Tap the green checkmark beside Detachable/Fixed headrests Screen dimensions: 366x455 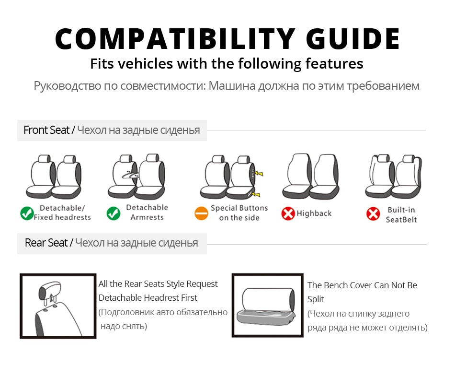point(27,213)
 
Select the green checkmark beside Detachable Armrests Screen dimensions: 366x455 point(114,213)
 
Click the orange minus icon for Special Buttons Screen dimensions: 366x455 point(201,213)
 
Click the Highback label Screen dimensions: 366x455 point(314,213)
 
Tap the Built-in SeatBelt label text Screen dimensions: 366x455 point(401,214)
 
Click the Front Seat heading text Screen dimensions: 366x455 point(46,130)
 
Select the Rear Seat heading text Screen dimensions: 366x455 point(46,243)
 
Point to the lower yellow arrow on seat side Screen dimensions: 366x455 point(256,194)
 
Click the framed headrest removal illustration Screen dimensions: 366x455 point(58,306)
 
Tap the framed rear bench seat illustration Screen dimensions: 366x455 point(267,305)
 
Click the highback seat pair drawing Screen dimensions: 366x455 point(310,176)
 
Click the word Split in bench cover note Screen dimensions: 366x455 point(316,299)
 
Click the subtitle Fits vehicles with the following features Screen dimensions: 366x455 point(227,63)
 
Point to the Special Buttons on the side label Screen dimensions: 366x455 point(239,213)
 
